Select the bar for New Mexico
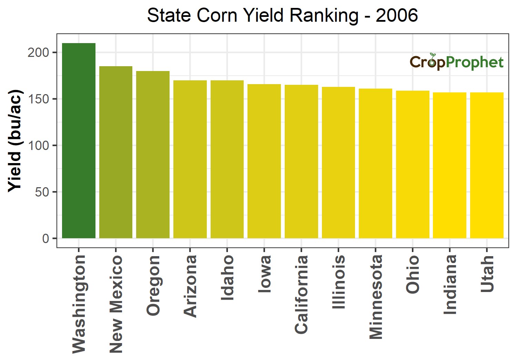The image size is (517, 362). (116, 152)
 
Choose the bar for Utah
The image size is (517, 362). (487, 165)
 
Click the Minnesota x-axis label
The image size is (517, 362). (376, 297)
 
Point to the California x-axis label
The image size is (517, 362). (301, 294)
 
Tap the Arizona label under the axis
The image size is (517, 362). (190, 286)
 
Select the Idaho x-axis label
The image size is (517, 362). (227, 278)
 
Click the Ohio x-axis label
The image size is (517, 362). (413, 274)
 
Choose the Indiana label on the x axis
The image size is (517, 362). (450, 284)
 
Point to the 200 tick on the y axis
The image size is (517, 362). (39, 52)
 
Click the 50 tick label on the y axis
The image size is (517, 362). (42, 192)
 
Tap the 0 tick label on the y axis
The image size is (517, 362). (45, 239)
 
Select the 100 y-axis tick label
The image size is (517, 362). (39, 145)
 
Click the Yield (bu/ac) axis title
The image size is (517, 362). (15, 141)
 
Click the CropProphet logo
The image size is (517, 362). (456, 62)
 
